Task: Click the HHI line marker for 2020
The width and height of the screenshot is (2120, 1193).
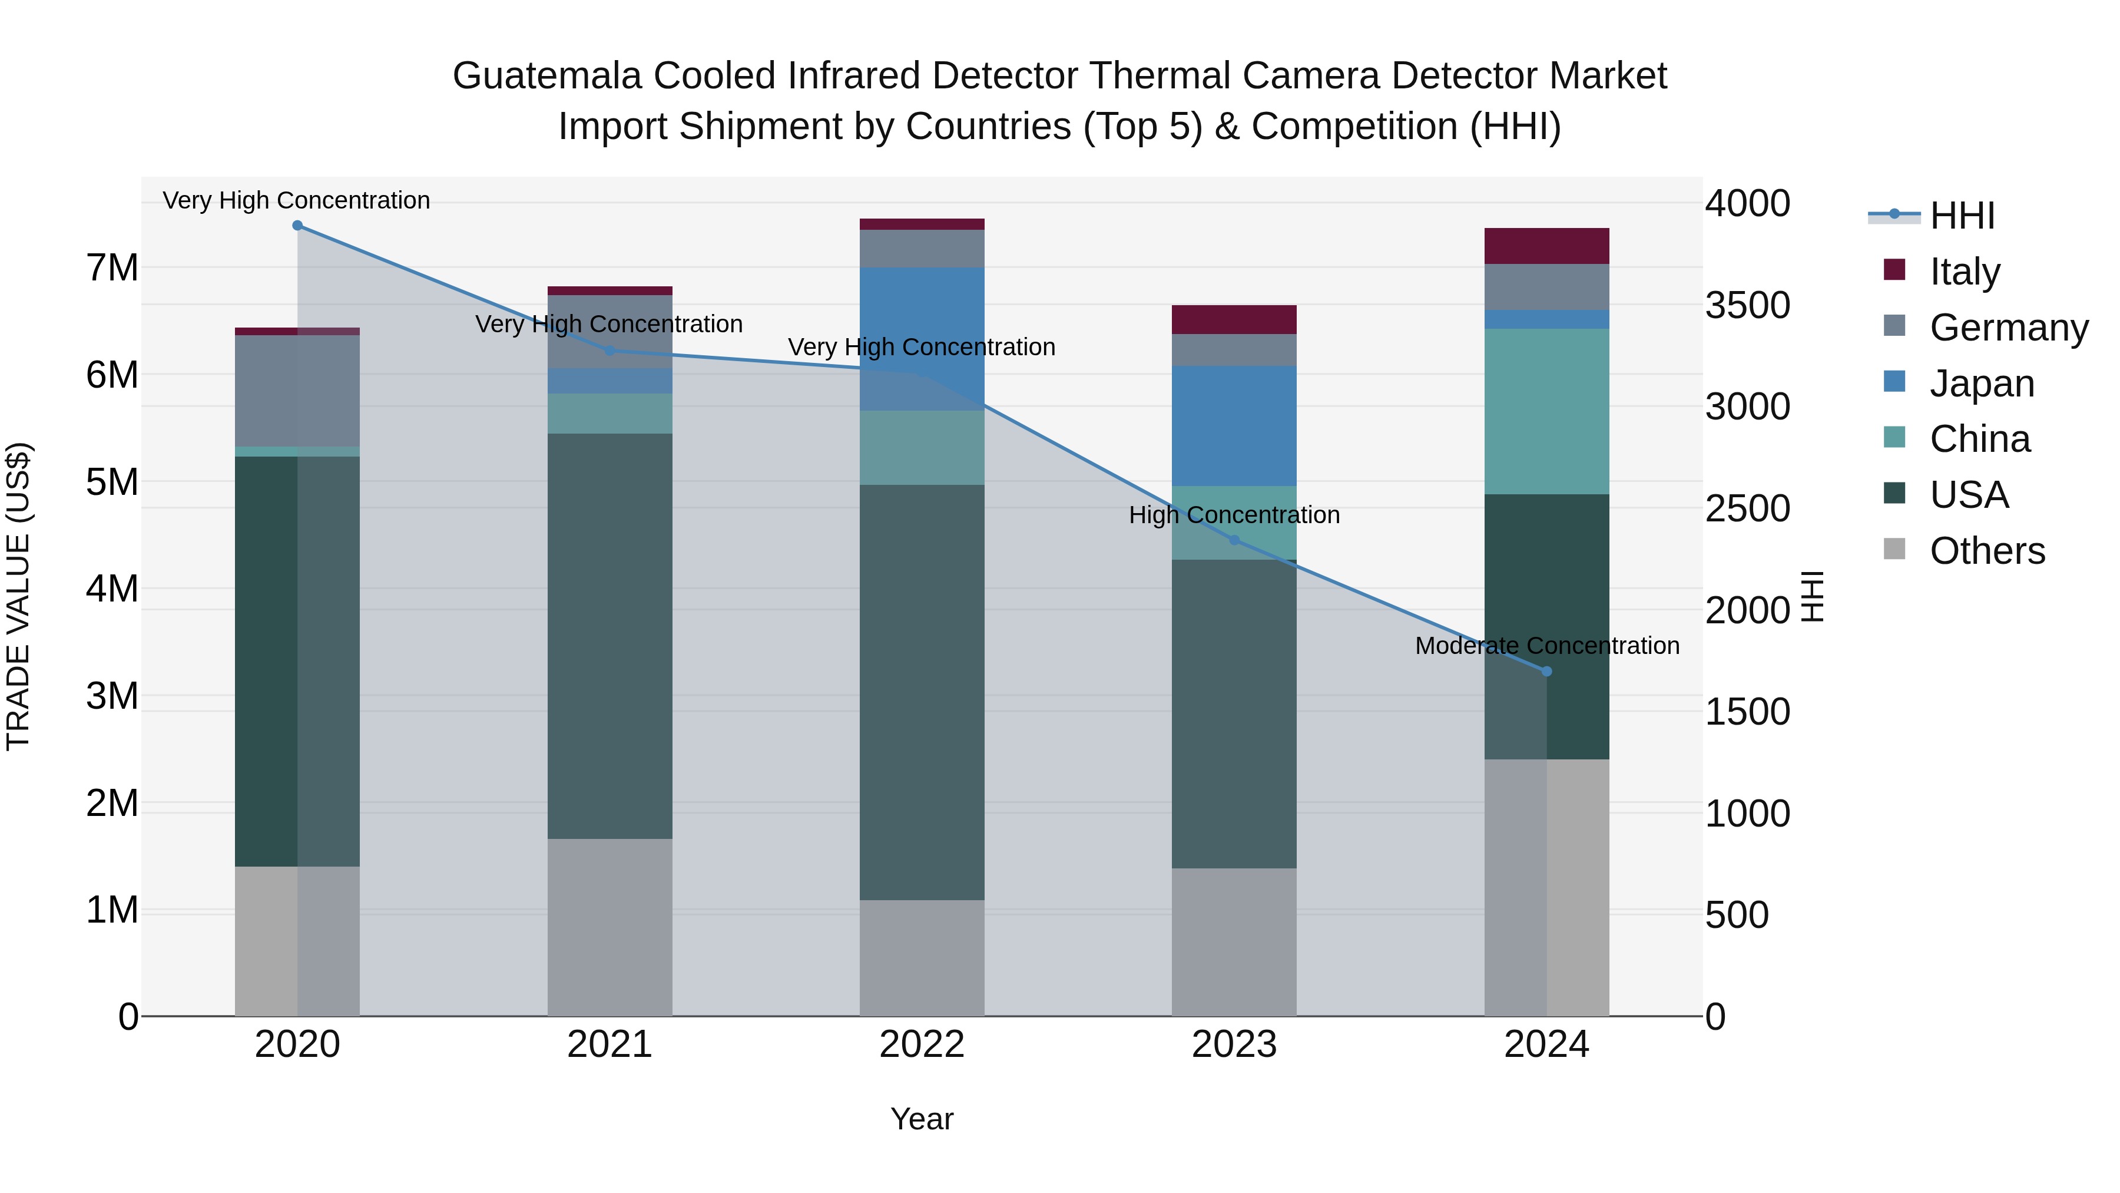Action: point(298,226)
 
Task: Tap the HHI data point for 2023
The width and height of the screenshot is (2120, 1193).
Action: point(1234,540)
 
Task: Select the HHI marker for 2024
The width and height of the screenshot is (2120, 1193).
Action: point(1546,672)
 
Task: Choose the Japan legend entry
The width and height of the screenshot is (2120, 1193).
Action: point(1981,383)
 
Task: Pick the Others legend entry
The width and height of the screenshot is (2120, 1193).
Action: point(1987,551)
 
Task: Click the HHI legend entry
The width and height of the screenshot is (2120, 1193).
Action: point(1962,216)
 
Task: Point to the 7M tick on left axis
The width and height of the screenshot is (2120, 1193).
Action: point(112,267)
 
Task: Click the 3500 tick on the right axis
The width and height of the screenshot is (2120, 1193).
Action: point(1747,305)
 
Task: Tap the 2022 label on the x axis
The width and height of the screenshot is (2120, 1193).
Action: point(922,1045)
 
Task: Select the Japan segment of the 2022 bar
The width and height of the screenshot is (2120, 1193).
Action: point(922,338)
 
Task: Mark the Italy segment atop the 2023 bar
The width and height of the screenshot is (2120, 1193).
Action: point(1234,319)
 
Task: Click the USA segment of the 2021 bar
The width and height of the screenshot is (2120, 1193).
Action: point(610,636)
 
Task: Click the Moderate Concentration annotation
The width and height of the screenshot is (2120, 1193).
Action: point(1546,646)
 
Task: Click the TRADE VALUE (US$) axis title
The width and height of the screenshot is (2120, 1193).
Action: point(19,596)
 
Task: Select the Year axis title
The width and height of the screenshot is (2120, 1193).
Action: point(922,1119)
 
